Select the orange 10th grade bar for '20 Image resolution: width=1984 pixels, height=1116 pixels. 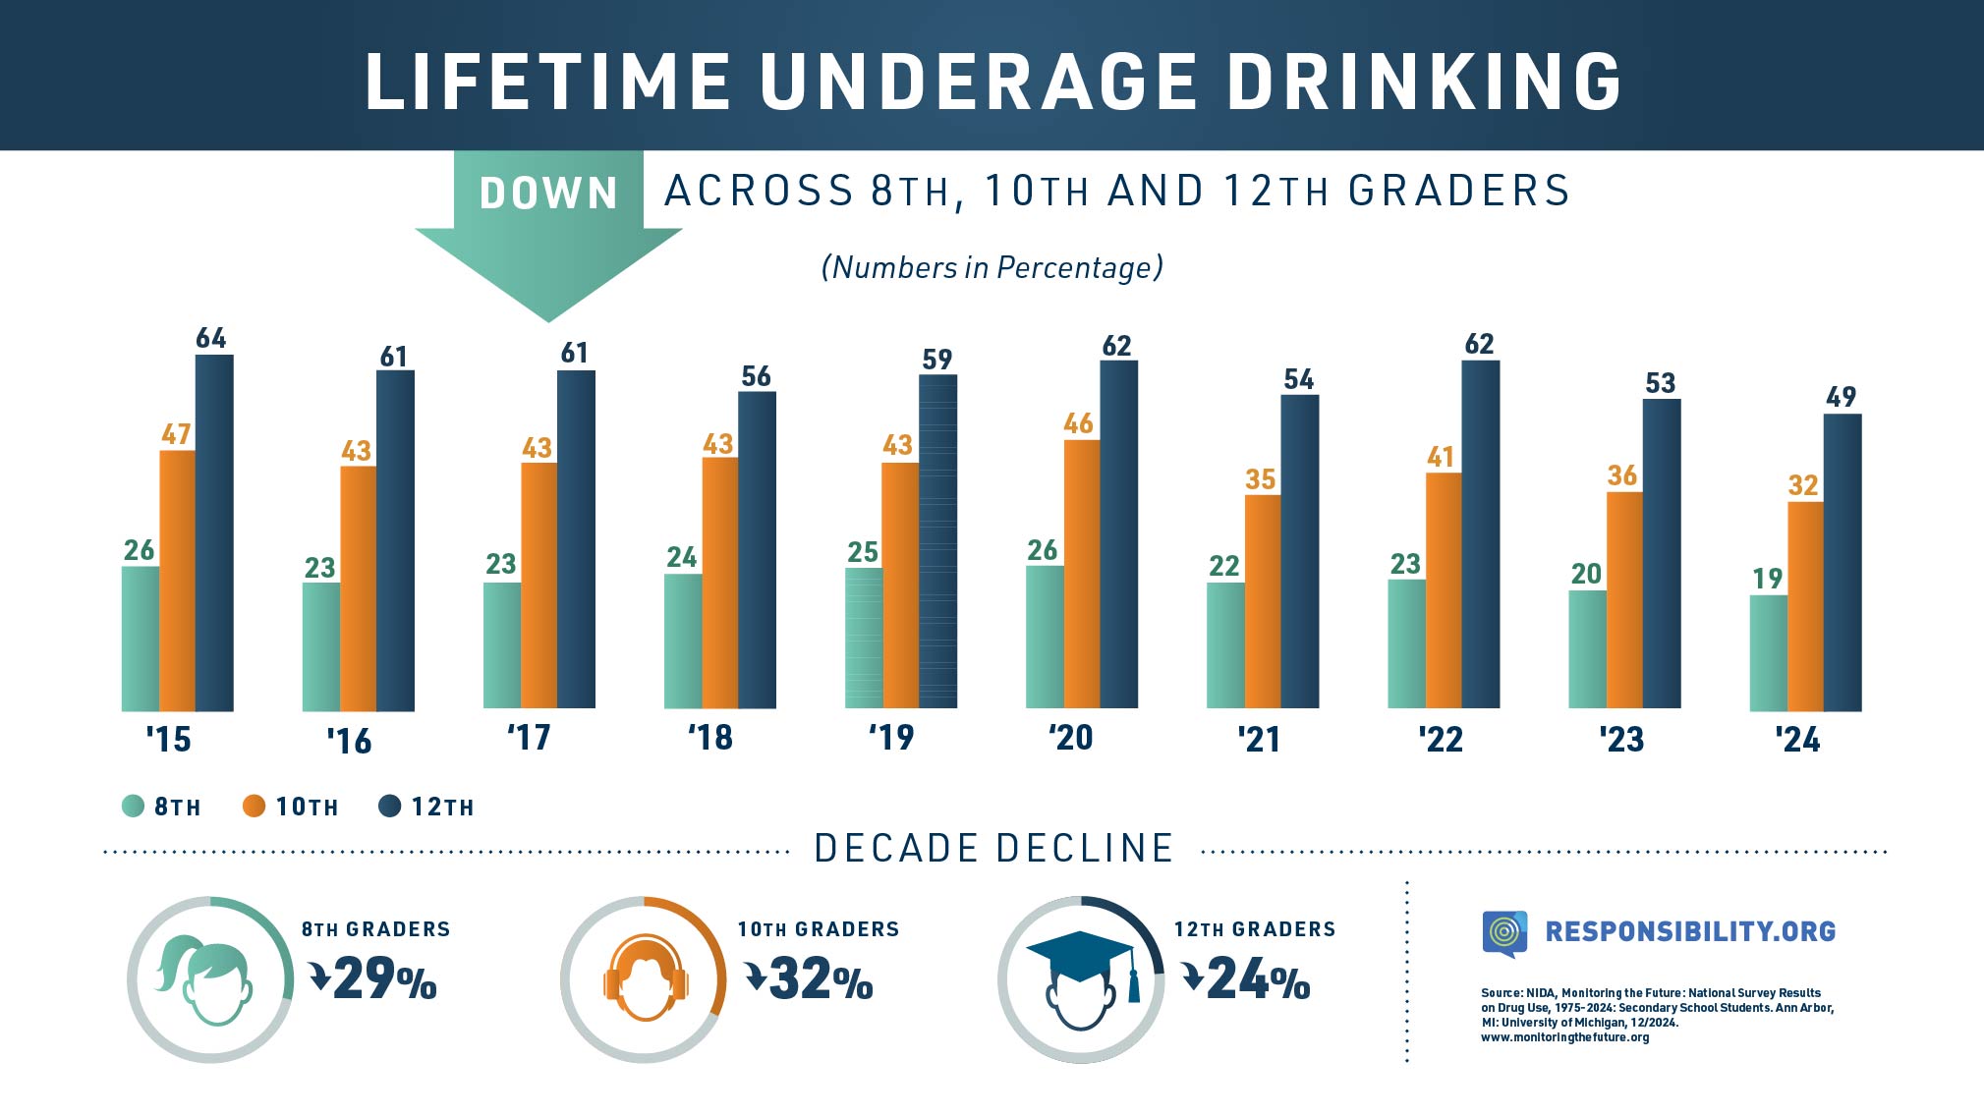click(1082, 574)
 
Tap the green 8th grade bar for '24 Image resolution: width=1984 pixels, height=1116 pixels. click(1768, 652)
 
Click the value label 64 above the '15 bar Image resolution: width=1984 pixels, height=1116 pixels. click(211, 338)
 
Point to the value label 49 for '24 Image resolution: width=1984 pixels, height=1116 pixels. click(1841, 397)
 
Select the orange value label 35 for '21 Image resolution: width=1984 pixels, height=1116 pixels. click(1260, 479)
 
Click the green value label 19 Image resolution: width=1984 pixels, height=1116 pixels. click(1767, 579)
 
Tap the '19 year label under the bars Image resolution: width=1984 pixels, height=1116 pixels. click(891, 737)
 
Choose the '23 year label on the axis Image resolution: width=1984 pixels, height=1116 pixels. click(1621, 739)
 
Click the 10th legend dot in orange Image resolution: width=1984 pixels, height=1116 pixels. click(254, 807)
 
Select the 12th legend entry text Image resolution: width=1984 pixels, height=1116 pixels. click(442, 808)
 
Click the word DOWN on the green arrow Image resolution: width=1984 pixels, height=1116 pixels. click(548, 194)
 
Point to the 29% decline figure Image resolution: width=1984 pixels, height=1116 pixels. click(384, 979)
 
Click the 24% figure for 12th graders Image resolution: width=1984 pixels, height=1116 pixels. click(1258, 979)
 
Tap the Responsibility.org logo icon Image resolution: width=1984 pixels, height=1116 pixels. click(1504, 932)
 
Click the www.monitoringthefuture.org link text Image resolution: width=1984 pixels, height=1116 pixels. click(1564, 1037)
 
